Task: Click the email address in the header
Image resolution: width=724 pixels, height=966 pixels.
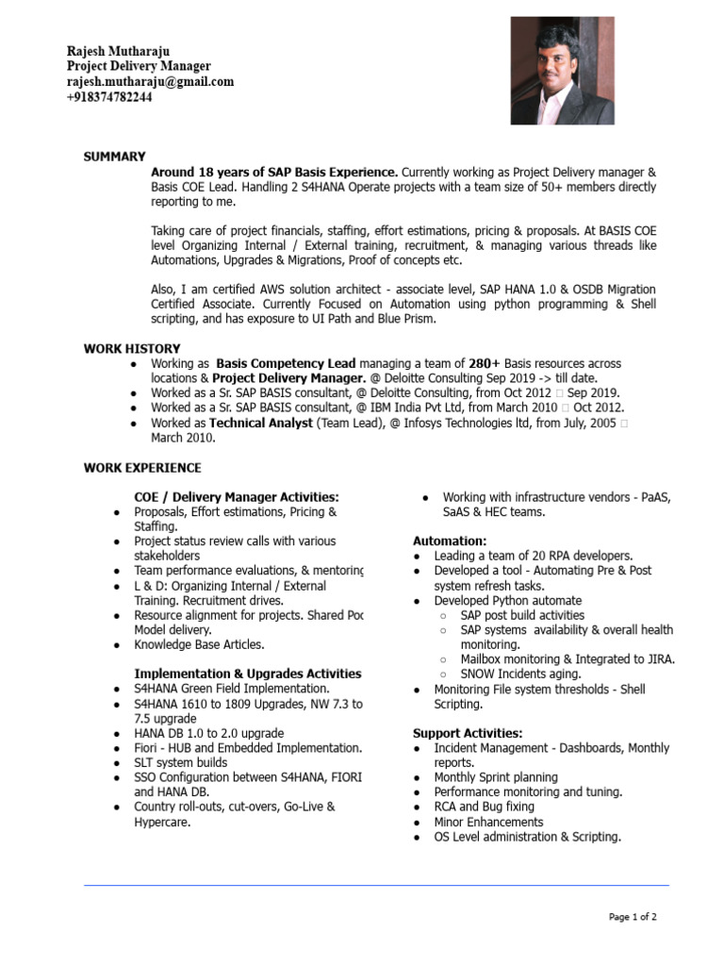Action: (x=150, y=82)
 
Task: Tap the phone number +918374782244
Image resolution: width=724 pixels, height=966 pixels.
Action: (x=109, y=97)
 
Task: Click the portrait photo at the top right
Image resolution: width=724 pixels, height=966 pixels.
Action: (x=562, y=71)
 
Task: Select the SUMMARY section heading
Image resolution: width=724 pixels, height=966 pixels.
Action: (x=115, y=157)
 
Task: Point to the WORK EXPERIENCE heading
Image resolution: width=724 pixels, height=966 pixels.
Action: (x=142, y=468)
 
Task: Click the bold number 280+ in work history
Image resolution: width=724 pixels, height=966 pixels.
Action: (x=485, y=363)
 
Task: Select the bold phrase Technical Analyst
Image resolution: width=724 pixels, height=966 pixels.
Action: (x=260, y=424)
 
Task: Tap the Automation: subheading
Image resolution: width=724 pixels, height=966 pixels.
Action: (x=450, y=541)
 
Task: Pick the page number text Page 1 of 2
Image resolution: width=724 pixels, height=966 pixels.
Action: (x=633, y=917)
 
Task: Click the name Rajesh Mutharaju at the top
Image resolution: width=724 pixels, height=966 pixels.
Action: (x=120, y=51)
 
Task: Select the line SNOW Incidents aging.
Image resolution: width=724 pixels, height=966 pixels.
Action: (x=520, y=675)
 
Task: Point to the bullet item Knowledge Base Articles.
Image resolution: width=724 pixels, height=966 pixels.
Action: (x=199, y=645)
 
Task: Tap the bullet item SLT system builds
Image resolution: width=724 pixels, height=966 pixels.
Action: (x=180, y=762)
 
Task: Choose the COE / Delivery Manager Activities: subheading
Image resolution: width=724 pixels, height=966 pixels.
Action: (x=237, y=497)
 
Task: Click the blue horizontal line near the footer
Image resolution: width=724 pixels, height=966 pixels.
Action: (x=376, y=886)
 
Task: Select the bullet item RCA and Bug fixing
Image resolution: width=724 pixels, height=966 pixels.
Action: (x=484, y=808)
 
